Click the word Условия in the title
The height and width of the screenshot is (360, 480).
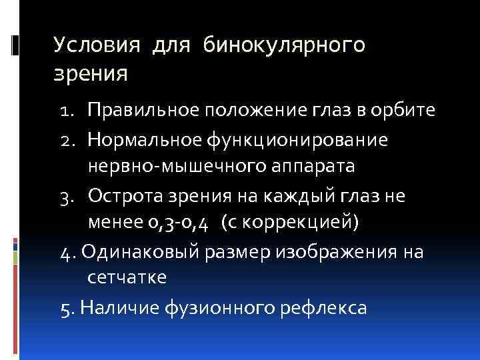pyautogui.click(x=97, y=45)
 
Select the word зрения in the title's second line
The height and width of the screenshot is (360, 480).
pyautogui.click(x=91, y=71)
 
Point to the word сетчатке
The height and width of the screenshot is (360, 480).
pyautogui.click(x=126, y=279)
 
